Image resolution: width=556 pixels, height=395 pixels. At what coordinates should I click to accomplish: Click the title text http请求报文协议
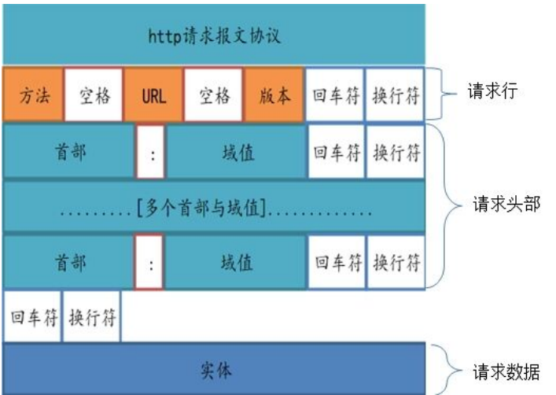point(214,36)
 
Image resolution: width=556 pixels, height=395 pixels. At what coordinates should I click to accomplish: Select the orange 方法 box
point(32,96)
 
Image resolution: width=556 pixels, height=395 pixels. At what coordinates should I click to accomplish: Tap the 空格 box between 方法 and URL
point(93,96)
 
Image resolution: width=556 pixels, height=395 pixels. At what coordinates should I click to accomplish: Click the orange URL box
point(153,96)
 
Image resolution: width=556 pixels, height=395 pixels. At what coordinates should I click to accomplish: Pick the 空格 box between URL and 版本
point(214,96)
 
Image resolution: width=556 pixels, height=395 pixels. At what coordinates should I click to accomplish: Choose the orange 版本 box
point(274,96)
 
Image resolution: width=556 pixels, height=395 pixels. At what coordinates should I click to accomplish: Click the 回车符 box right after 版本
point(334,96)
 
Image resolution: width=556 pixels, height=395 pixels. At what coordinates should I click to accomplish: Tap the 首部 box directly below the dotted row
point(69,262)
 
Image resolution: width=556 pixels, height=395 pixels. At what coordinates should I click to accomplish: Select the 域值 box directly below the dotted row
point(236,262)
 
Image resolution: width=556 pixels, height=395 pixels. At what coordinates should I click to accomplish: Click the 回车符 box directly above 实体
point(32,317)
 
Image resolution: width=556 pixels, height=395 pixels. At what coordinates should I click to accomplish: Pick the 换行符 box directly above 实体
point(93,317)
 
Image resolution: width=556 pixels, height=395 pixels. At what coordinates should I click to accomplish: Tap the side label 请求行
point(494,93)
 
